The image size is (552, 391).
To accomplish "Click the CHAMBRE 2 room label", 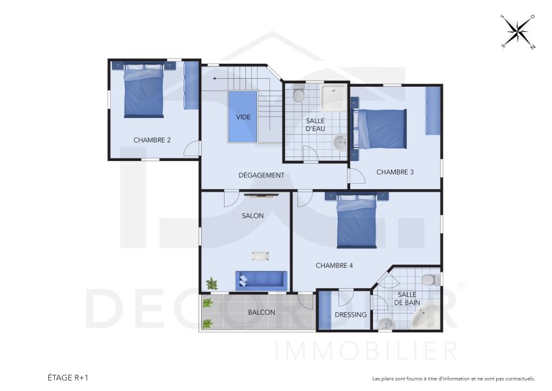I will coord(152,139).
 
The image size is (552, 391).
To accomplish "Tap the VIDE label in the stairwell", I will coord(243,117).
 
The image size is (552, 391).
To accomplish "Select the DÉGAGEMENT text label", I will coord(261,175).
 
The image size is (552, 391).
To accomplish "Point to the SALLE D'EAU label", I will coord(316,124).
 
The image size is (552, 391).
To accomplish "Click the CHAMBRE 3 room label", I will coord(395,172).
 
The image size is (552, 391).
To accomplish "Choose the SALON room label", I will coord(253,216).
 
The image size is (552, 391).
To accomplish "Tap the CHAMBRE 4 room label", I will coord(334,265).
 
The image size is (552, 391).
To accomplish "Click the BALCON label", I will coord(261,312).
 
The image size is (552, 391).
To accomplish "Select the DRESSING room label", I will coord(351,315).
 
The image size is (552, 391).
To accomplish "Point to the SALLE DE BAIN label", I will coord(408,298).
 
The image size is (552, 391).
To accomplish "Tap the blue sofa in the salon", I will coord(261,280).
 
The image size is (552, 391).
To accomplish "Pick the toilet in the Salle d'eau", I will coord(298,95).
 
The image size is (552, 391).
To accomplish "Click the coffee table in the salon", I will coord(260,255).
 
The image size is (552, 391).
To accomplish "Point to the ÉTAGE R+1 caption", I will coord(67,377).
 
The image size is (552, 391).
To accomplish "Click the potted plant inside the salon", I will coord(212,283).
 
